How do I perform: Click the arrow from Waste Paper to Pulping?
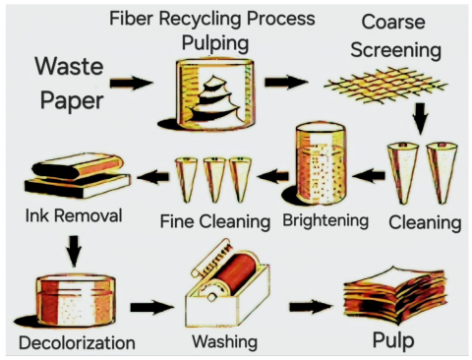pyautogui.click(x=131, y=83)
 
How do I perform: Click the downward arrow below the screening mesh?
pyautogui.click(x=421, y=119)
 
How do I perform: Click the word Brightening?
pyautogui.click(x=325, y=220)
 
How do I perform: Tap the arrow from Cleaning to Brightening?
pyautogui.click(x=369, y=176)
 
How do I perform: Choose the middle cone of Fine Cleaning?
pyautogui.click(x=213, y=180)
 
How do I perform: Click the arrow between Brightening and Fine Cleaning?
pyautogui.click(x=273, y=176)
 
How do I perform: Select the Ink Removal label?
pyautogui.click(x=74, y=215)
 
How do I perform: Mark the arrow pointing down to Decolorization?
pyautogui.click(x=75, y=251)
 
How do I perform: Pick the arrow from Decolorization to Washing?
pyautogui.click(x=152, y=308)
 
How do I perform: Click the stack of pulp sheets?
pyautogui.click(x=395, y=295)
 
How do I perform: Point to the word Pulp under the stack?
pyautogui.click(x=393, y=341)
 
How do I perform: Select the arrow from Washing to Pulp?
pyautogui.click(x=311, y=307)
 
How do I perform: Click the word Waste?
pyautogui.click(x=70, y=66)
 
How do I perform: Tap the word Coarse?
pyautogui.click(x=393, y=22)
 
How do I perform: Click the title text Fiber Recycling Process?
pyautogui.click(x=212, y=19)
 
